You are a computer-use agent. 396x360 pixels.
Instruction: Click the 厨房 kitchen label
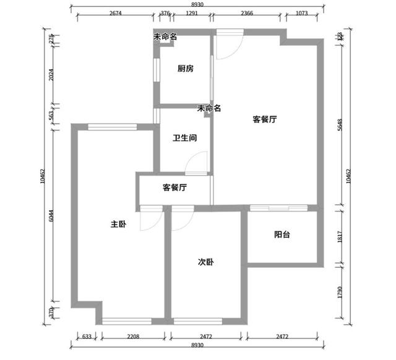(x=186, y=69)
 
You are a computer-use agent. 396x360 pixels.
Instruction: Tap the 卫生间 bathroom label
(x=184, y=138)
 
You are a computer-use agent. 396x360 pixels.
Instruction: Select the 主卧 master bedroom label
(x=118, y=224)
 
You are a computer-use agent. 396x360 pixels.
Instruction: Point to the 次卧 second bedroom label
(x=206, y=262)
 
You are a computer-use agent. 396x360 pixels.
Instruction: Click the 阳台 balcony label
(x=282, y=234)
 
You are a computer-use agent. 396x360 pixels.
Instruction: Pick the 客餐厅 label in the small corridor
(x=174, y=187)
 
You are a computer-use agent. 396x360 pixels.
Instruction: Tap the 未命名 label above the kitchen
(x=165, y=37)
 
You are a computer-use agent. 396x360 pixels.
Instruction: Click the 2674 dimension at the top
(x=116, y=13)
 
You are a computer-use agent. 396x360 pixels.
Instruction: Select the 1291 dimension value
(x=192, y=13)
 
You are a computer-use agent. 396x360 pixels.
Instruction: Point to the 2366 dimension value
(x=247, y=13)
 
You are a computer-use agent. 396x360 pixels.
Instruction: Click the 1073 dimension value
(x=301, y=13)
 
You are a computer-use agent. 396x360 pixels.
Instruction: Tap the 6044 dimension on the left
(x=51, y=216)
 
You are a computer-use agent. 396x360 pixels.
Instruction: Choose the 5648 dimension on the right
(x=340, y=125)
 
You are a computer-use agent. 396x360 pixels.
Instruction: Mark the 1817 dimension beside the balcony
(x=340, y=237)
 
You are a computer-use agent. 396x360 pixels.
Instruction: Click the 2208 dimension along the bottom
(x=133, y=336)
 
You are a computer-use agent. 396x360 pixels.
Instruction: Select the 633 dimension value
(x=87, y=336)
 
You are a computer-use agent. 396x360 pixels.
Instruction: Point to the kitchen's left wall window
(x=157, y=70)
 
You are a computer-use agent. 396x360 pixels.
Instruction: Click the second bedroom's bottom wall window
(x=198, y=322)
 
